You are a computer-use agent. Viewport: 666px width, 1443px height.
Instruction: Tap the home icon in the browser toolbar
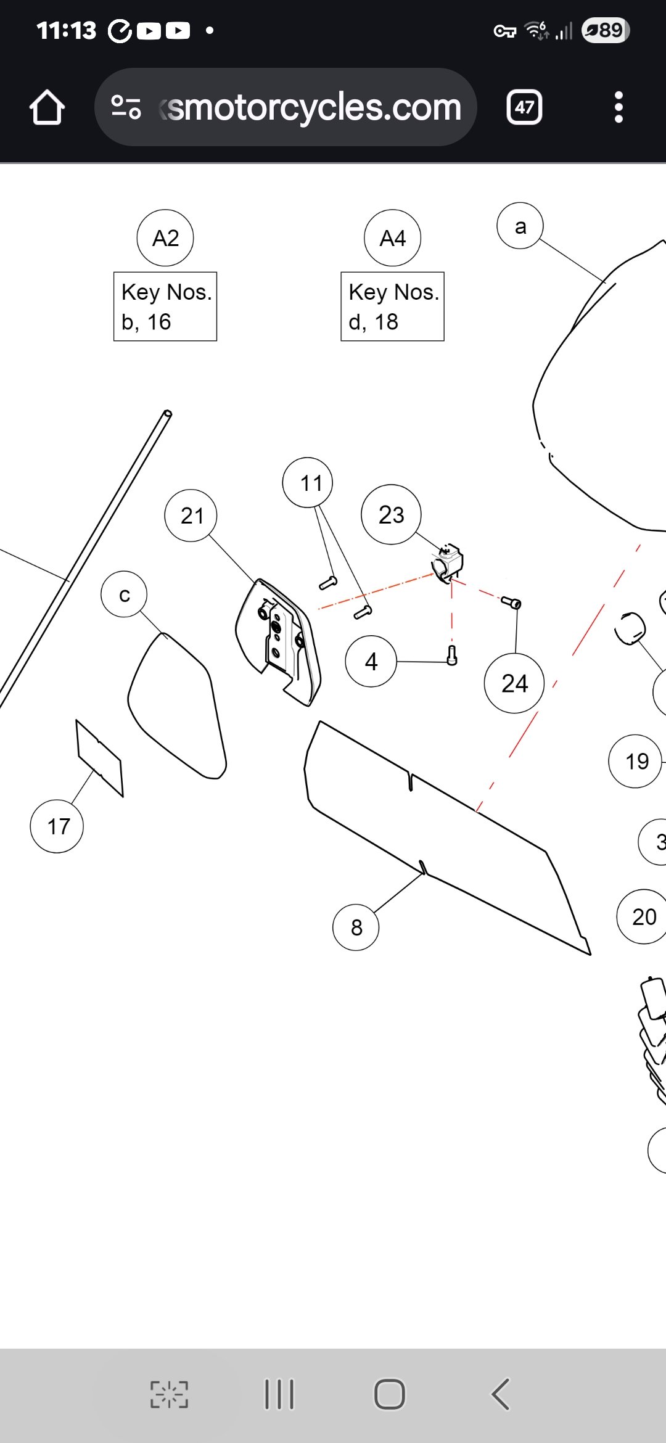[x=47, y=107]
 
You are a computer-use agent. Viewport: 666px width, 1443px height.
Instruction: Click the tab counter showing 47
[x=524, y=107]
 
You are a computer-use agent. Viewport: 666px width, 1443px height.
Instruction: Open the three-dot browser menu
[x=619, y=107]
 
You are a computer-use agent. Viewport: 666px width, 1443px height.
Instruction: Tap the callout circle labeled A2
[x=165, y=238]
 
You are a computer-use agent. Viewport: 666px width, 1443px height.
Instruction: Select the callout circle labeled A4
[x=392, y=238]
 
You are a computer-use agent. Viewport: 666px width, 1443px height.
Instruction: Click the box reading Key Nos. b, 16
[x=165, y=306]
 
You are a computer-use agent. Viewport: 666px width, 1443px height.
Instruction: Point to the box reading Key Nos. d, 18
[x=392, y=306]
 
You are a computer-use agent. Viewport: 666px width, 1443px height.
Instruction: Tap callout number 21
[x=191, y=516]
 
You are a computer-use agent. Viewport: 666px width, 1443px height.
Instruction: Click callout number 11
[x=308, y=483]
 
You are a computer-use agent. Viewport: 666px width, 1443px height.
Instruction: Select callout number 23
[x=391, y=514]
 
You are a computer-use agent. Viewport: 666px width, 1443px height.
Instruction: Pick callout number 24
[x=514, y=683]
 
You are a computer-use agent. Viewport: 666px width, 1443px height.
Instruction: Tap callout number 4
[x=371, y=662]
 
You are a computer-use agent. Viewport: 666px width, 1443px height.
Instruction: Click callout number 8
[x=356, y=927]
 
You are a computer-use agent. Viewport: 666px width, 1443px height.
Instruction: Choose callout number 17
[x=57, y=826]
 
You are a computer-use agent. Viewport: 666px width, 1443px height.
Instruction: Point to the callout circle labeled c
[x=124, y=594]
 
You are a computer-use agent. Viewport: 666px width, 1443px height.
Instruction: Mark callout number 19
[x=636, y=762]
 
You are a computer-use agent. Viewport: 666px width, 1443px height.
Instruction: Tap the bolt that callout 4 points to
[x=452, y=655]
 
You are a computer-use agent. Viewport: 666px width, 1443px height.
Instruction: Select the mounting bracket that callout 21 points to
[x=279, y=641]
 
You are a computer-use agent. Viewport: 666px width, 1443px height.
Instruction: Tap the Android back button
[x=501, y=1394]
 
